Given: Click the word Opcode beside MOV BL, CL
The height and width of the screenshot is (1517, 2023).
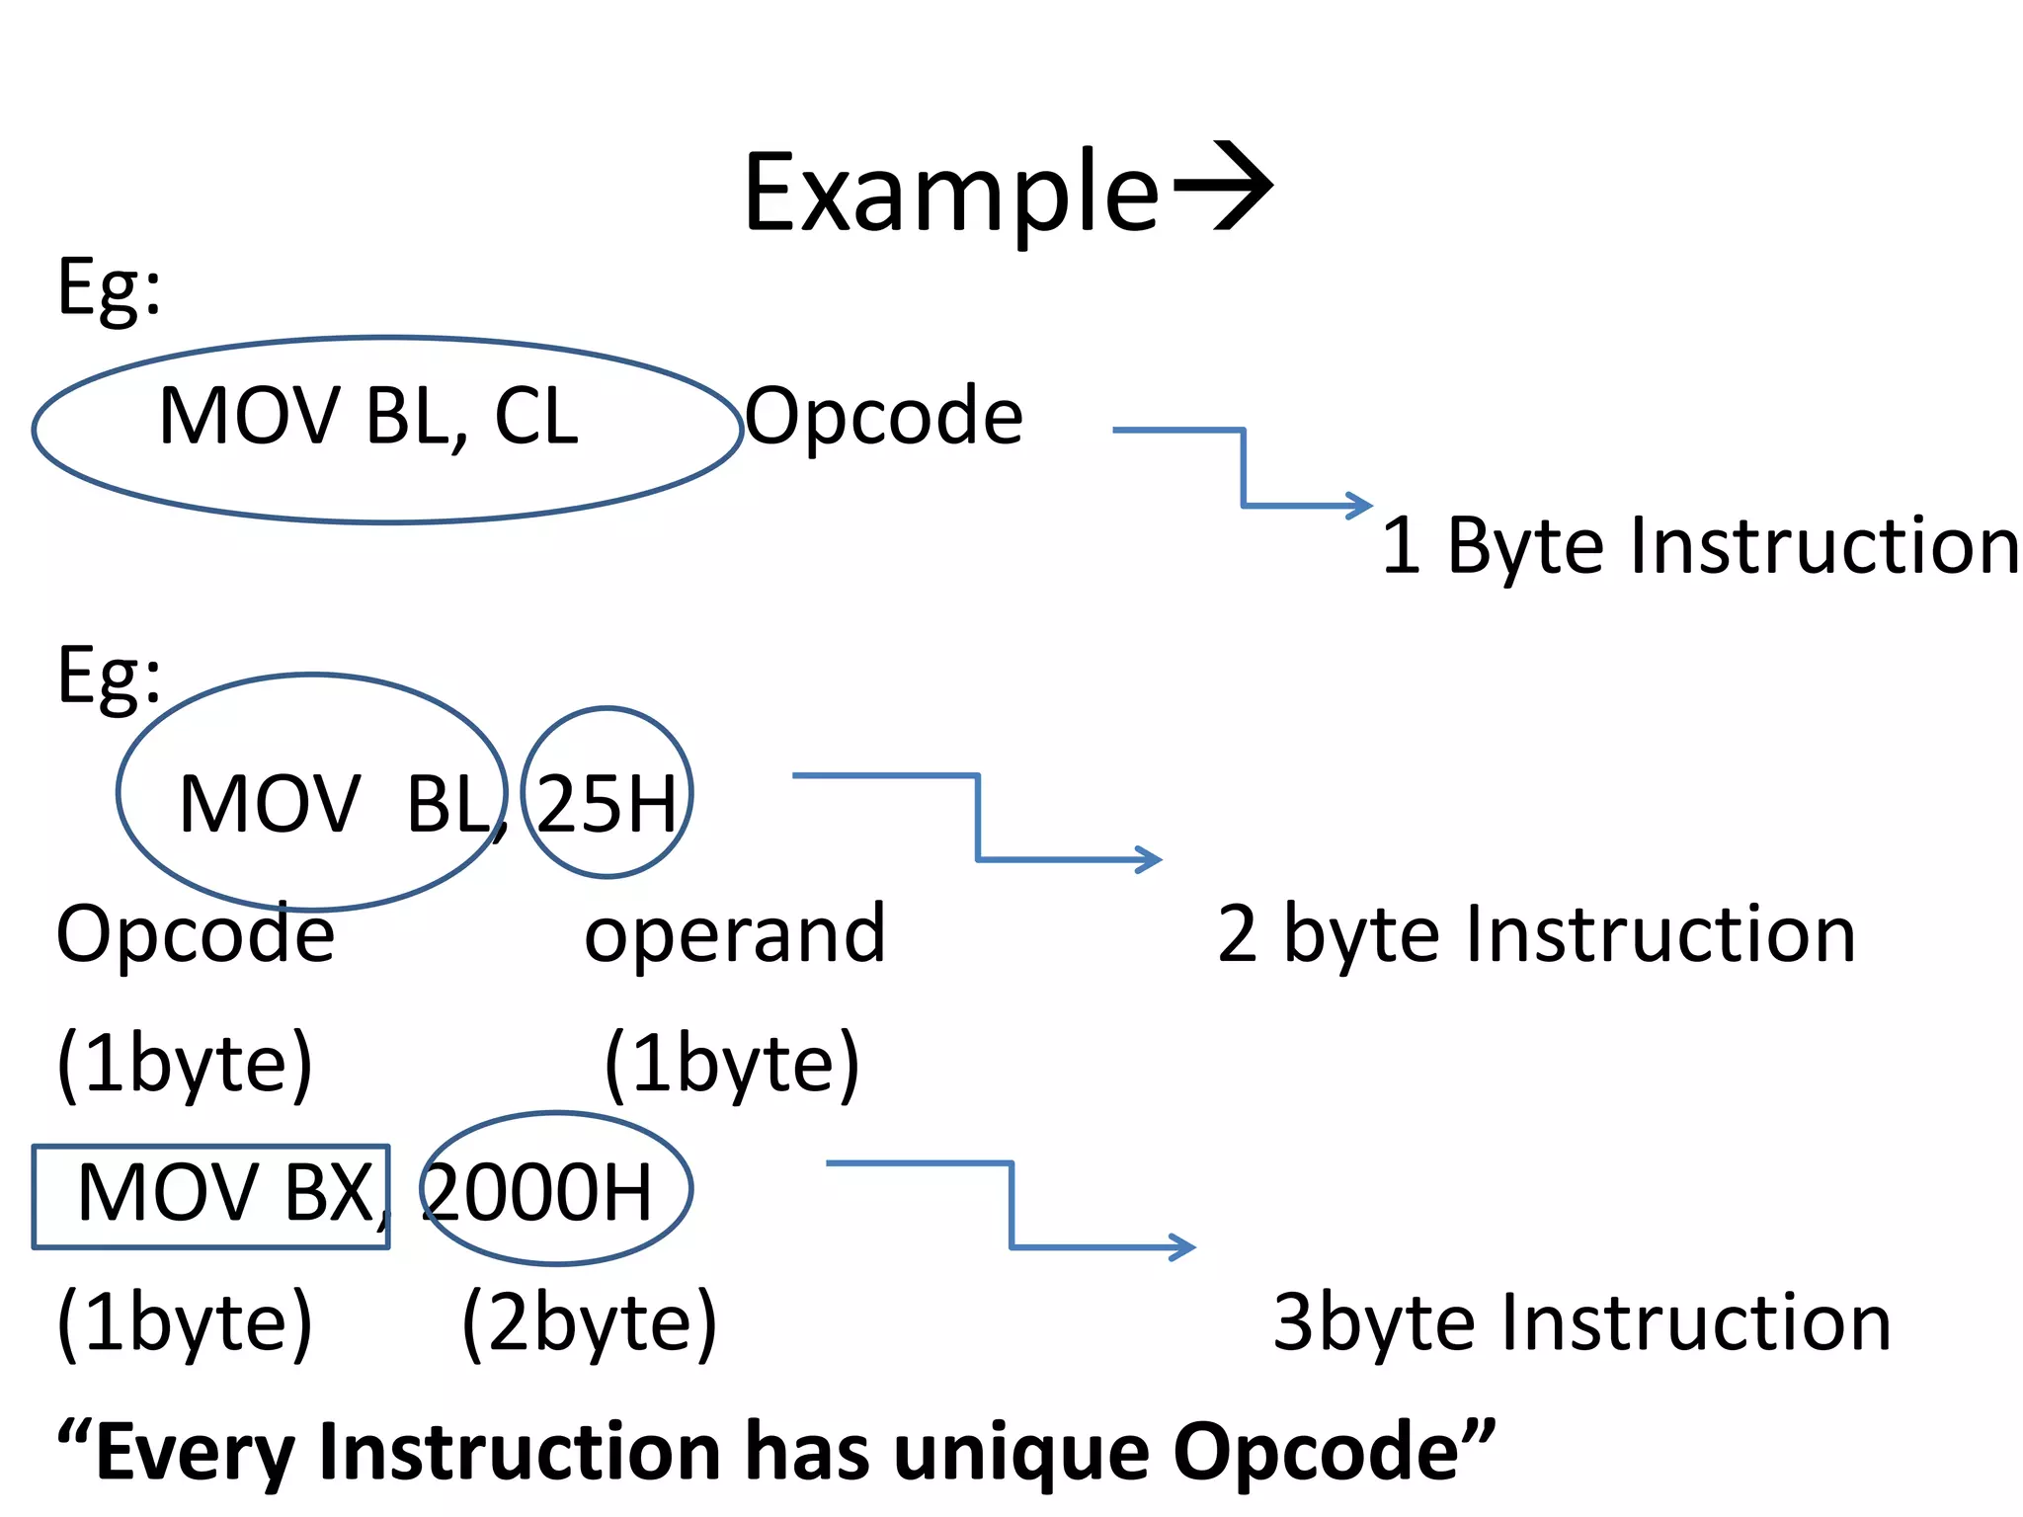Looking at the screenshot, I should coord(883,417).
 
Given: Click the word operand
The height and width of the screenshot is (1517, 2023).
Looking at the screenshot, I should coord(735,933).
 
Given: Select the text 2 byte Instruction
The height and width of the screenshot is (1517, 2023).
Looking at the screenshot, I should coord(1536,933).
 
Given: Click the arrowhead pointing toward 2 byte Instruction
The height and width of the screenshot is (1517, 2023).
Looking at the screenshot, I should coord(1150,859).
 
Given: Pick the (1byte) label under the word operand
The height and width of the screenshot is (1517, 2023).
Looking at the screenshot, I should coord(731,1064).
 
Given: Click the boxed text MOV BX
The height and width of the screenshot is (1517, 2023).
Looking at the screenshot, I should coord(225,1193).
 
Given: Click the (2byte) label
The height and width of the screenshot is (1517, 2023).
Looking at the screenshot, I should coord(590,1322).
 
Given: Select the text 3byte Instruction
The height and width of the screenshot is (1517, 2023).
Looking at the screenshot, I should coord(1580,1322).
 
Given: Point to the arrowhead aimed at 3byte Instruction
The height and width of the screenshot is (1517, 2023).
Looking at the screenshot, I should coord(1183,1246).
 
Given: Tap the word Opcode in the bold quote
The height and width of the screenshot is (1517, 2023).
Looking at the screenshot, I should coord(1316,1452).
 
